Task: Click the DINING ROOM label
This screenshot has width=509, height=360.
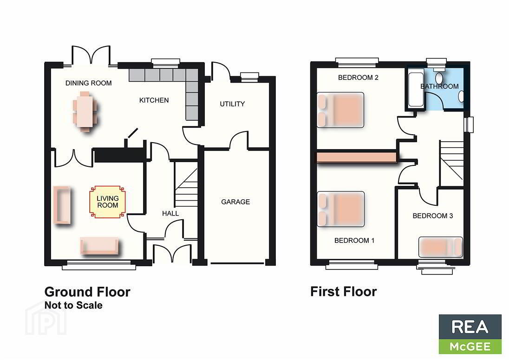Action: pos(88,83)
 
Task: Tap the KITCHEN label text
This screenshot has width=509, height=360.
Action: pos(154,100)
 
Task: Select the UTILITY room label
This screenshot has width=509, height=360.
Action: pos(232,104)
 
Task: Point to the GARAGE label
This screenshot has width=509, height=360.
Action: pos(235,202)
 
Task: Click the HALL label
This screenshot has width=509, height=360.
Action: pos(170,213)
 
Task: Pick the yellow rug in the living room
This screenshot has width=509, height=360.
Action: pos(107,202)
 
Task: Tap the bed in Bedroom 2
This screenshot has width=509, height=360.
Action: pos(340,110)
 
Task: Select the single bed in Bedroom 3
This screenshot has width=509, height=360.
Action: pos(441,247)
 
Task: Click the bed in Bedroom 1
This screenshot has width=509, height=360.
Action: pos(340,209)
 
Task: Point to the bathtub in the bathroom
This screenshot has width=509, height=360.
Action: pos(416,89)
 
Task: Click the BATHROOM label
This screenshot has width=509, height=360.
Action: pos(439,86)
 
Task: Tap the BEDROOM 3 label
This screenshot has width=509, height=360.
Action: pos(433,216)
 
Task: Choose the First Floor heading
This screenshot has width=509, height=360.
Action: pos(344,292)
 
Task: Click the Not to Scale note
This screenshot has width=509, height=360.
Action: pos(73,305)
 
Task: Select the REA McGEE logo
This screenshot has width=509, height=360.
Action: pos(470,334)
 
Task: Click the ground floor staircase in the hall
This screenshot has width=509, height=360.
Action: pos(186,184)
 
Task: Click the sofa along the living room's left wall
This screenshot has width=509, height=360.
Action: pos(62,205)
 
